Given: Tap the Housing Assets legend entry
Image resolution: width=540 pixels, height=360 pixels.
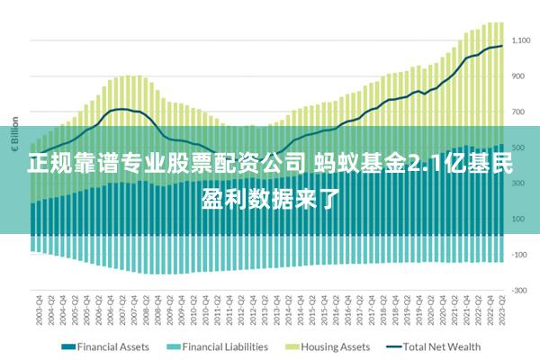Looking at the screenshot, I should [x=334, y=346].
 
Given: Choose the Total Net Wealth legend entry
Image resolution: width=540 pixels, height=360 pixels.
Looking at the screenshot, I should [x=441, y=346].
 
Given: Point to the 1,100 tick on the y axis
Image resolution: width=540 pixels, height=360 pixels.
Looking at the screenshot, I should [x=521, y=40].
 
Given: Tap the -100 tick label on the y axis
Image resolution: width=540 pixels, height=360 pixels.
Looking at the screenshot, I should [x=518, y=255].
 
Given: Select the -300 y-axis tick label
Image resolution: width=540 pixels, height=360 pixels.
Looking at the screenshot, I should [x=518, y=291].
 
